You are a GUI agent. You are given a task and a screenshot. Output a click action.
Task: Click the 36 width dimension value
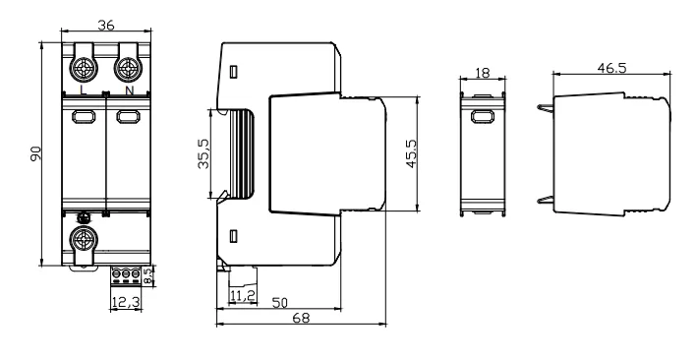coord(105,26)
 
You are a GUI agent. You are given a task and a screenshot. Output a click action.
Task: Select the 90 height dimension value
coord(35,153)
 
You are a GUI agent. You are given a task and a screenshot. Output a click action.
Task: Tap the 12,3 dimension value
coord(126,302)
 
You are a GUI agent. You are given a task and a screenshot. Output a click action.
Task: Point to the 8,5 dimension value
coord(149,275)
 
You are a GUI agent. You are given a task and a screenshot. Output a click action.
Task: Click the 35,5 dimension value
coord(203,153)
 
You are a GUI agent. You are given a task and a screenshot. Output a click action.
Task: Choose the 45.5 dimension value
coord(412,153)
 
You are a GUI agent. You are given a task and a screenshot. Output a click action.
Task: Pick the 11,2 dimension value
coord(243,295)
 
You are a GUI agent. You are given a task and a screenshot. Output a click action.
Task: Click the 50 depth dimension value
coord(279,303)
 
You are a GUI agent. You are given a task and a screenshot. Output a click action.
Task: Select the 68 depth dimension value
coord(301,318)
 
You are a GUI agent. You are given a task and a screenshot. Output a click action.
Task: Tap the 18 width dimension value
coord(482,73)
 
